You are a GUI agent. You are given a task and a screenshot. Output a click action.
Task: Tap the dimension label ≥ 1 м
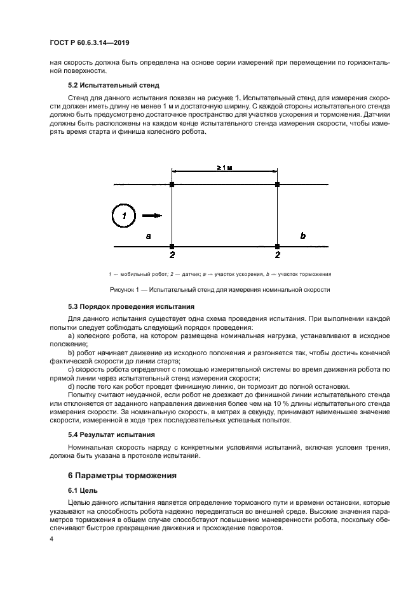224,167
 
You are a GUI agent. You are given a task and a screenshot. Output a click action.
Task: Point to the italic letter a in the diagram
148,236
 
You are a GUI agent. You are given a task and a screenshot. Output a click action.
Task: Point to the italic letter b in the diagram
302,236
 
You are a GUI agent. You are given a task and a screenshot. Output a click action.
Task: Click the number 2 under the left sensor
172,255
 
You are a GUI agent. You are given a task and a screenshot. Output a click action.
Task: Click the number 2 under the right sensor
277,255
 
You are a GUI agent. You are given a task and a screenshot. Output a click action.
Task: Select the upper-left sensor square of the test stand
172,185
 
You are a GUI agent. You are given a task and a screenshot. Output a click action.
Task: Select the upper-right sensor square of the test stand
277,185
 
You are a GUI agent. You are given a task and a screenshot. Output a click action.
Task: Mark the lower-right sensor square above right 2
277,246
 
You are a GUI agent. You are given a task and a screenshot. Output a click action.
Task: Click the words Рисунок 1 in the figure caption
128,290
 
